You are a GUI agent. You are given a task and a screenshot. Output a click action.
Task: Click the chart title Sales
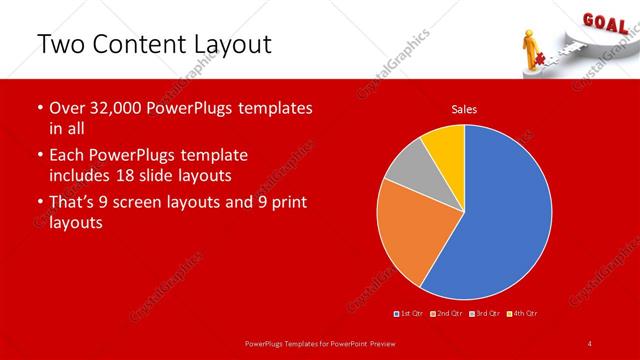[x=464, y=109]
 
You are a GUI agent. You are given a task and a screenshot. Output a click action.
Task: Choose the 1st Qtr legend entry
[x=410, y=314]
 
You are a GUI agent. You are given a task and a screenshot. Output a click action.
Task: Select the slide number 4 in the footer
[x=590, y=343]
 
